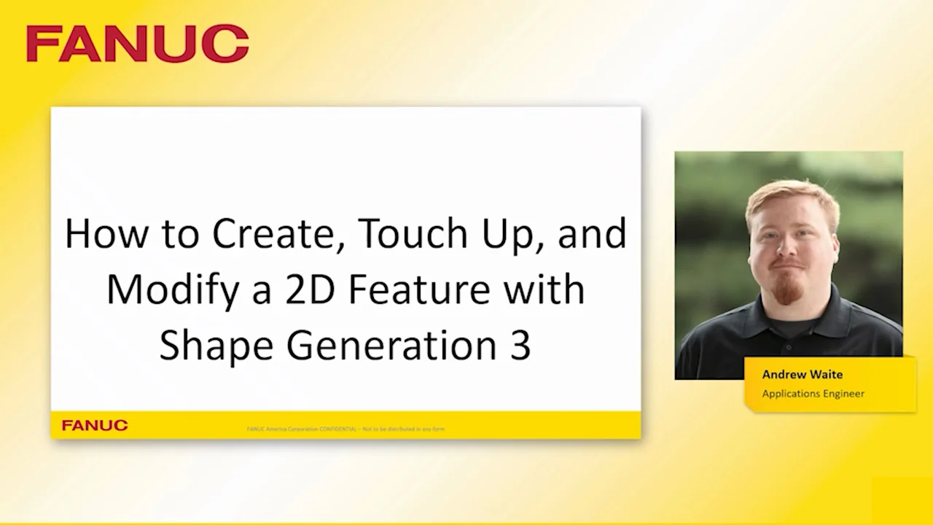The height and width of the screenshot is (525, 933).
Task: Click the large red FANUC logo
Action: [x=137, y=44]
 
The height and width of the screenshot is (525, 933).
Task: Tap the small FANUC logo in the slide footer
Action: [x=95, y=425]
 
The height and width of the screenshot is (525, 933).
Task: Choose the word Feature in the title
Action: [x=419, y=289]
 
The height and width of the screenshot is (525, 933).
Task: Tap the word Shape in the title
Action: [x=216, y=346]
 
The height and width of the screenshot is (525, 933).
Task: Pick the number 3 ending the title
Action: [x=520, y=346]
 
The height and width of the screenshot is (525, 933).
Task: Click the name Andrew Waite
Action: [x=802, y=374]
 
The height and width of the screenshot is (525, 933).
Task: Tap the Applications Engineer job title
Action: [x=813, y=394]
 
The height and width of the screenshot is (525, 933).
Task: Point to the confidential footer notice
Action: [x=346, y=429]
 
